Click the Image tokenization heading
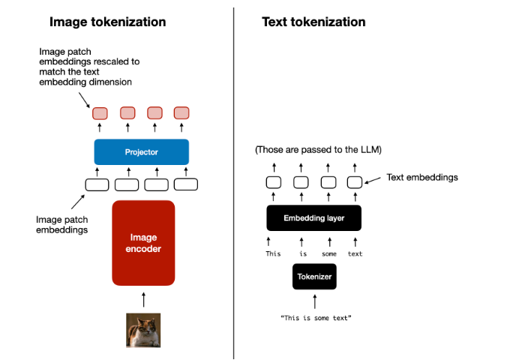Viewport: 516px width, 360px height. [x=107, y=22]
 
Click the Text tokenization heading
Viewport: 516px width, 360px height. [x=313, y=22]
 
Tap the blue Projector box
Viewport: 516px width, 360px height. [x=141, y=152]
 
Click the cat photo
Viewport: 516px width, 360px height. [x=143, y=329]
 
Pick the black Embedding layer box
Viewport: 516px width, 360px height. [x=314, y=218]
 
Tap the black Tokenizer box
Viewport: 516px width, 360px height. [x=314, y=277]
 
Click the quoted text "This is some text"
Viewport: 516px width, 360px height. [x=315, y=318]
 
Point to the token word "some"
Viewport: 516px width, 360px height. [x=329, y=253]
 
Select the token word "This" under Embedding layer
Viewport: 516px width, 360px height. [x=273, y=253]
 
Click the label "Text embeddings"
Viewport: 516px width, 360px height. [x=422, y=178]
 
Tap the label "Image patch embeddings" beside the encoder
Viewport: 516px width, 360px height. [x=61, y=225]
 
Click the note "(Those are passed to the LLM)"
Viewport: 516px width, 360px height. [x=318, y=150]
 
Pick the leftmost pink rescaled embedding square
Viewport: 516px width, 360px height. [x=100, y=113]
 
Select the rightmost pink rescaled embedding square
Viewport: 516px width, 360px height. [x=181, y=113]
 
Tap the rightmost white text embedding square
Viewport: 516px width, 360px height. [x=355, y=181]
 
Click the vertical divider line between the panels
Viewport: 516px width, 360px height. [x=233, y=180]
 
